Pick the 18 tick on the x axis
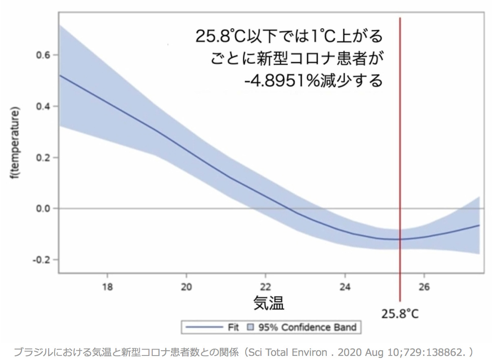[107, 286]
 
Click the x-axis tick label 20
[186, 286]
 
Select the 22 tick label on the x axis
[266, 286]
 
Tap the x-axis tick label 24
[345, 286]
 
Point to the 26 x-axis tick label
[424, 286]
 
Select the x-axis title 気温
[269, 303]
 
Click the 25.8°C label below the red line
[400, 314]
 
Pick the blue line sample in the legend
[203, 327]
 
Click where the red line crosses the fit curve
[400, 239]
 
